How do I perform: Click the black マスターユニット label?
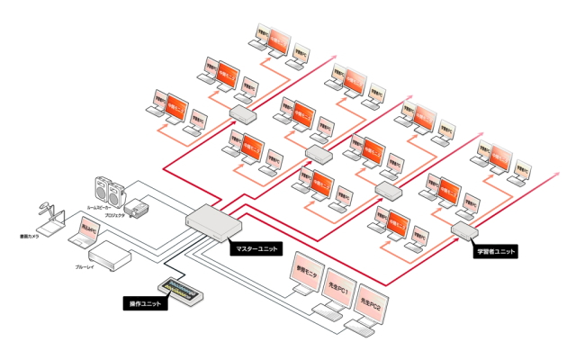click(256, 247)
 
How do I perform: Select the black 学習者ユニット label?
click(496, 252)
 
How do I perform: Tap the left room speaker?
click(102, 190)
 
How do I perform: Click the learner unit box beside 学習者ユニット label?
click(463, 232)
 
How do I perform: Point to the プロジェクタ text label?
click(114, 217)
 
